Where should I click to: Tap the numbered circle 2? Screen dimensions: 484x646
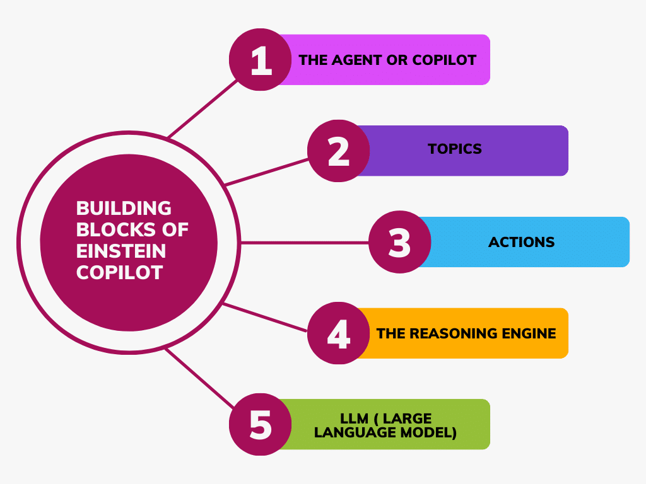pyautogui.click(x=339, y=151)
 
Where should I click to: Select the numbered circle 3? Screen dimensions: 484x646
pyautogui.click(x=399, y=243)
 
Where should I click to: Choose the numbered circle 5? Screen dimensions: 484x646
pyautogui.click(x=260, y=424)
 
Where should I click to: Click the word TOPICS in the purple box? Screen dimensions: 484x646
pyautogui.click(x=454, y=149)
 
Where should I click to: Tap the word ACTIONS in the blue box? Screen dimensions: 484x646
pyautogui.click(x=521, y=242)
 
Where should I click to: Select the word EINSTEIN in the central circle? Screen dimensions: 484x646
pyautogui.click(x=121, y=251)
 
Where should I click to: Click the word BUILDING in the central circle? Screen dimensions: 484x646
pyautogui.click(x=124, y=208)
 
